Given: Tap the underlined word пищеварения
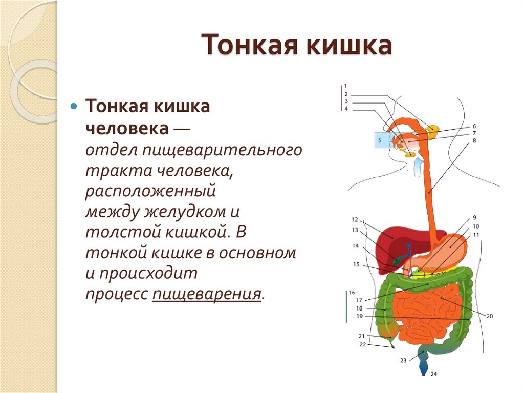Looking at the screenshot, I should pos(206,295).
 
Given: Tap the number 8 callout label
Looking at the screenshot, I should pos(474,140).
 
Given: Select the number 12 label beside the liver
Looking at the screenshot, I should pos(355,219).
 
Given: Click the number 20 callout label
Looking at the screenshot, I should pos(490,316).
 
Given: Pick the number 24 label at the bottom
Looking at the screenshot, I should pos(434,374).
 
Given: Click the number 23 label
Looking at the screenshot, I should pos(403,360).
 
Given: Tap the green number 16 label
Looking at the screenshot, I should pos(352,292).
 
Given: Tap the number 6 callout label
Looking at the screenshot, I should pos(474,126).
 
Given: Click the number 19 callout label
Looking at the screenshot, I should pos(359,316).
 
